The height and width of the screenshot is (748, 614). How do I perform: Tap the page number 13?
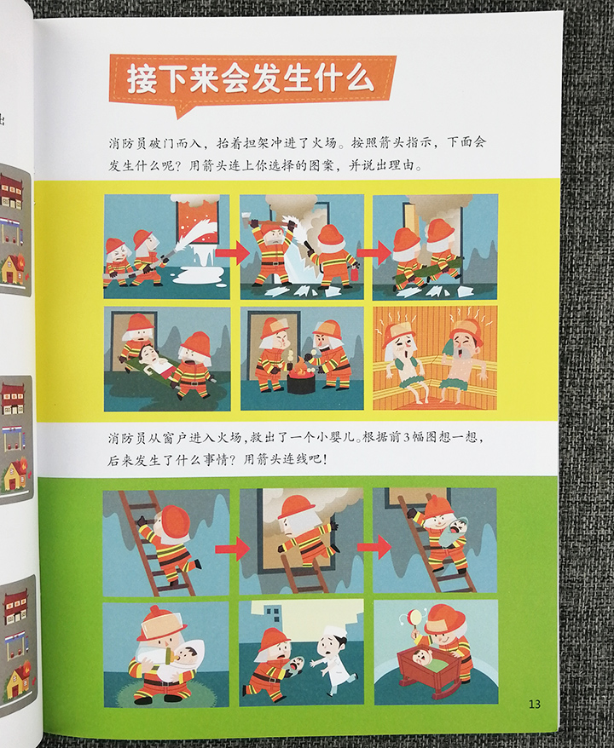point(534,703)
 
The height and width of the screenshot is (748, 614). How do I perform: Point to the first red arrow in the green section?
point(234,549)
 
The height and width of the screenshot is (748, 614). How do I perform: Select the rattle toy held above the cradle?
point(415,619)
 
